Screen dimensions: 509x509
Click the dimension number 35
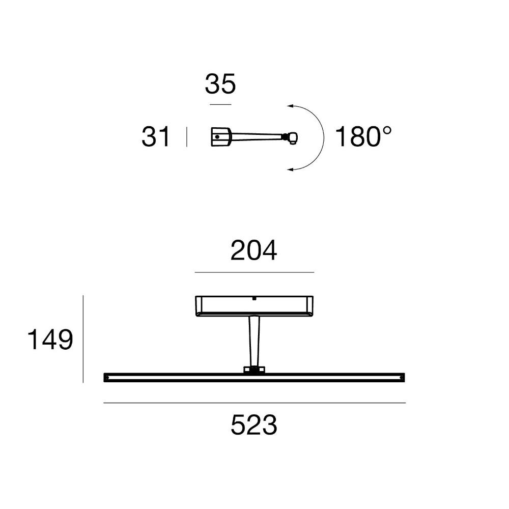[220, 84]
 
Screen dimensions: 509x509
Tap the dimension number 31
[155, 136]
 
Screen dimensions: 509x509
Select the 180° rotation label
[363, 136]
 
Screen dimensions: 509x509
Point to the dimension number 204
[253, 250]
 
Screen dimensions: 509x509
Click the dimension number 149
[50, 340]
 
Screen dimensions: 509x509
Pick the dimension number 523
[254, 425]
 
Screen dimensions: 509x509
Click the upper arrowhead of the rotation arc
[290, 106]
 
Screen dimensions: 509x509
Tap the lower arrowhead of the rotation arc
[290, 169]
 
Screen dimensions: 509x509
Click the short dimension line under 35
[220, 104]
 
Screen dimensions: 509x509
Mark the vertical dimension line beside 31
[187, 136]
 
